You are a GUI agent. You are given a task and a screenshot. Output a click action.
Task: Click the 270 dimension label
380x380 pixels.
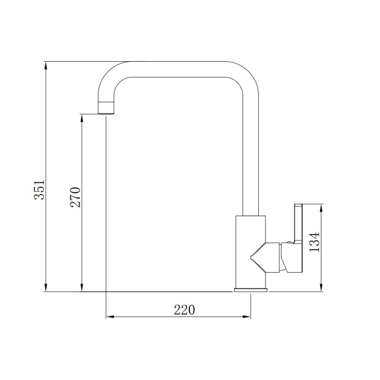coord(76,197)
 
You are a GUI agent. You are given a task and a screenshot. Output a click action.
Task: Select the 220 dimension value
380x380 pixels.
coord(184,310)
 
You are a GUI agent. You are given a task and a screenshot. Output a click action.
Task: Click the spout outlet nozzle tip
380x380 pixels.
coord(106,109)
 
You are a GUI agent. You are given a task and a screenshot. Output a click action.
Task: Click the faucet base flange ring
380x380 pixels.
coord(251,290)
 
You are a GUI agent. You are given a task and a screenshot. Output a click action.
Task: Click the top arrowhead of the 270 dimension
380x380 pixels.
coord(82,118)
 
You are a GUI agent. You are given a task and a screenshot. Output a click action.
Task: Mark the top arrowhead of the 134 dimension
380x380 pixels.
coord(323,208)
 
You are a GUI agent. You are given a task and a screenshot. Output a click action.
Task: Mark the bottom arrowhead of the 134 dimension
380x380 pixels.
coord(323,288)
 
